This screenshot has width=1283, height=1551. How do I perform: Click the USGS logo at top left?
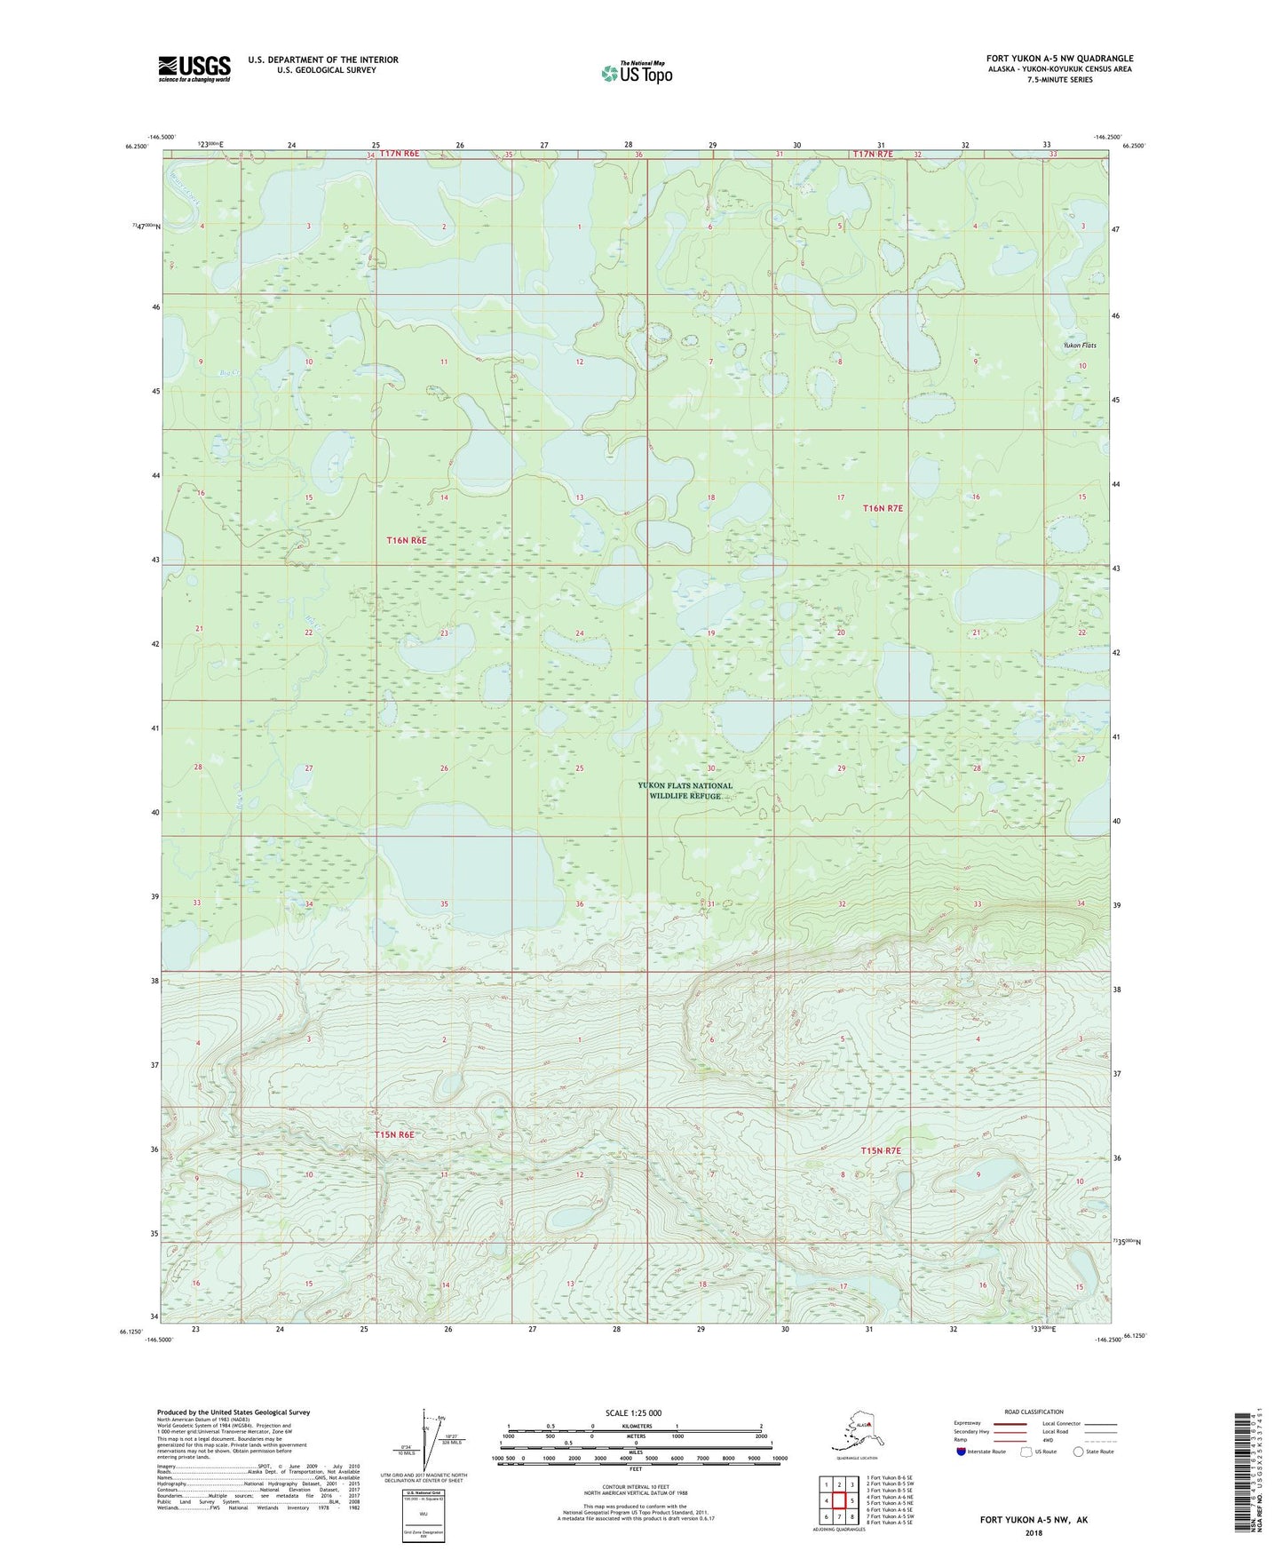(194, 68)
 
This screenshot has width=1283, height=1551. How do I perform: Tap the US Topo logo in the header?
(637, 73)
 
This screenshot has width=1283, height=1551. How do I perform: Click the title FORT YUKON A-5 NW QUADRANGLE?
(1059, 59)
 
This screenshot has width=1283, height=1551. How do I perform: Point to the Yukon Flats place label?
(1080, 346)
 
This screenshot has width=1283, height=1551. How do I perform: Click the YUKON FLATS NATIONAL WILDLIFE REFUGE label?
(685, 791)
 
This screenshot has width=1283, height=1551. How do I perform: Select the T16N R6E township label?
(407, 540)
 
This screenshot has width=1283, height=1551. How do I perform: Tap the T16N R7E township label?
(883, 508)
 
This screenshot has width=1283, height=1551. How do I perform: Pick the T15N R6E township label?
(394, 1134)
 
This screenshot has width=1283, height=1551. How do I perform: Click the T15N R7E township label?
(881, 1150)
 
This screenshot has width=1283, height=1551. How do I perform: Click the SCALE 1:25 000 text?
(633, 1412)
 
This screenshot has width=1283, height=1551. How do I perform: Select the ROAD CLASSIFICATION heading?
(1034, 1412)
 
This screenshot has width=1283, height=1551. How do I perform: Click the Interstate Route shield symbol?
(962, 1452)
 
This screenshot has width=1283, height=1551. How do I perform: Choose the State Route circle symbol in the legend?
(1079, 1452)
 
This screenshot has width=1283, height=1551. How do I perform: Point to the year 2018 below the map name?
(1034, 1532)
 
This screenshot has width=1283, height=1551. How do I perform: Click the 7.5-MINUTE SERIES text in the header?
(1059, 80)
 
